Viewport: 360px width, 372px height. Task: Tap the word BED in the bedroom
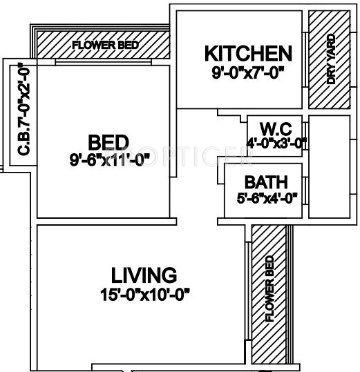(109, 143)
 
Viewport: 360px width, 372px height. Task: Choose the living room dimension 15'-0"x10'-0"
(144, 295)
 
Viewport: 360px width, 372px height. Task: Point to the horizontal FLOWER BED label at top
(105, 46)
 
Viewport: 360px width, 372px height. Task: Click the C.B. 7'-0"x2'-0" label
(23, 112)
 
